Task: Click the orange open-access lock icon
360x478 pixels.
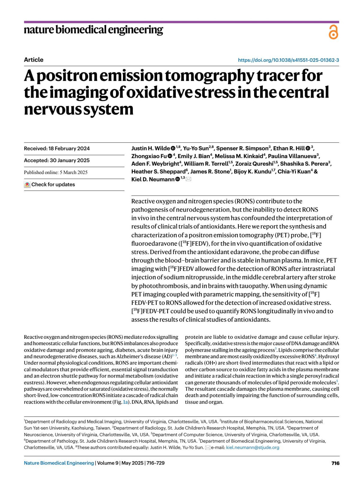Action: (x=333, y=32)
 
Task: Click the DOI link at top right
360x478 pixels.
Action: (x=288, y=60)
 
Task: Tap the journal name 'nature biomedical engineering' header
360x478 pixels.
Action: (x=93, y=30)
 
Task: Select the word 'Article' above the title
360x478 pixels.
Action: (x=34, y=60)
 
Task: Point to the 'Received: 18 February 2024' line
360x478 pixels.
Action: (x=57, y=149)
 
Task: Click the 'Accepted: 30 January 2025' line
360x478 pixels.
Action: (x=57, y=161)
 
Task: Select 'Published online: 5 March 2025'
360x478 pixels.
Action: (x=56, y=173)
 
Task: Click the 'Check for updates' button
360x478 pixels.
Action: (x=50, y=185)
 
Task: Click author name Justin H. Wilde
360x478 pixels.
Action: (x=151, y=149)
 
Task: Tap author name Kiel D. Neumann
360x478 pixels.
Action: (x=153, y=179)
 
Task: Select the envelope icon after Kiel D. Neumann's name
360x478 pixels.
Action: (x=188, y=179)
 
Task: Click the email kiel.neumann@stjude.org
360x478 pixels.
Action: (x=253, y=447)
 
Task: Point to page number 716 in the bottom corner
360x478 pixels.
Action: (x=335, y=463)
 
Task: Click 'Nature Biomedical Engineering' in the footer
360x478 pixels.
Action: (x=59, y=463)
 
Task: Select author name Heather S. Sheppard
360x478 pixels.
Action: (x=158, y=172)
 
